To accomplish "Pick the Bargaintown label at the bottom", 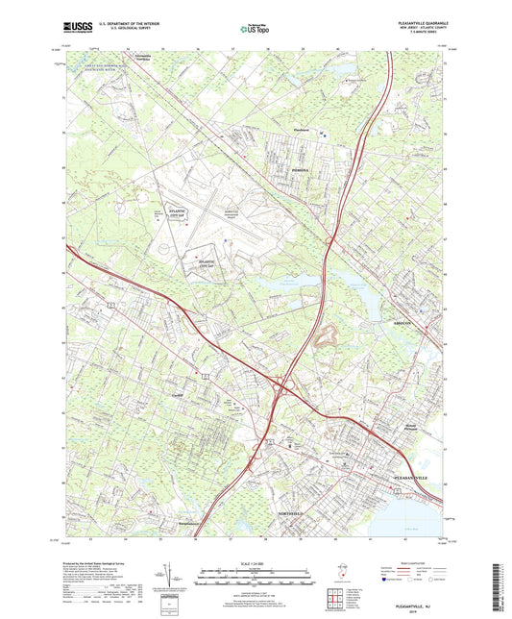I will [193, 524].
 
